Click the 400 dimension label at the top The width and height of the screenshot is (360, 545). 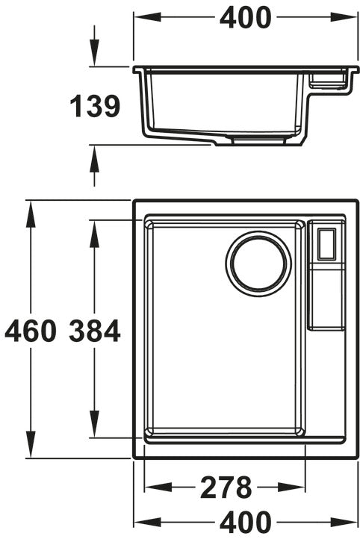245,18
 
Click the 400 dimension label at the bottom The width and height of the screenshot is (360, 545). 245,522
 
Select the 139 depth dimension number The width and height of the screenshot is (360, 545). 95,106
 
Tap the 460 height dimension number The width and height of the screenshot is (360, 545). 31,331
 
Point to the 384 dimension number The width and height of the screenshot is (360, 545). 95,331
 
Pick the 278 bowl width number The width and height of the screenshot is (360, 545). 226,488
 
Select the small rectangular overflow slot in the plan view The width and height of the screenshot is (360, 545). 326,244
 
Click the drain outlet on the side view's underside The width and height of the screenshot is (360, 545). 258,140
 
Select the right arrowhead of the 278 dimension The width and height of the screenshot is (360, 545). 292,487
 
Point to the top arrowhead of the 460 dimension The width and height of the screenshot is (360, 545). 31,214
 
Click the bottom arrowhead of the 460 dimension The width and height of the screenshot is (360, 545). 31,444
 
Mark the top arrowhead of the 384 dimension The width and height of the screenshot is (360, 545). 94,234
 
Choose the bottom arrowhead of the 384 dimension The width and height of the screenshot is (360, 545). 94,424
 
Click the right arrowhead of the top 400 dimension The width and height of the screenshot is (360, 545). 344,17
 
